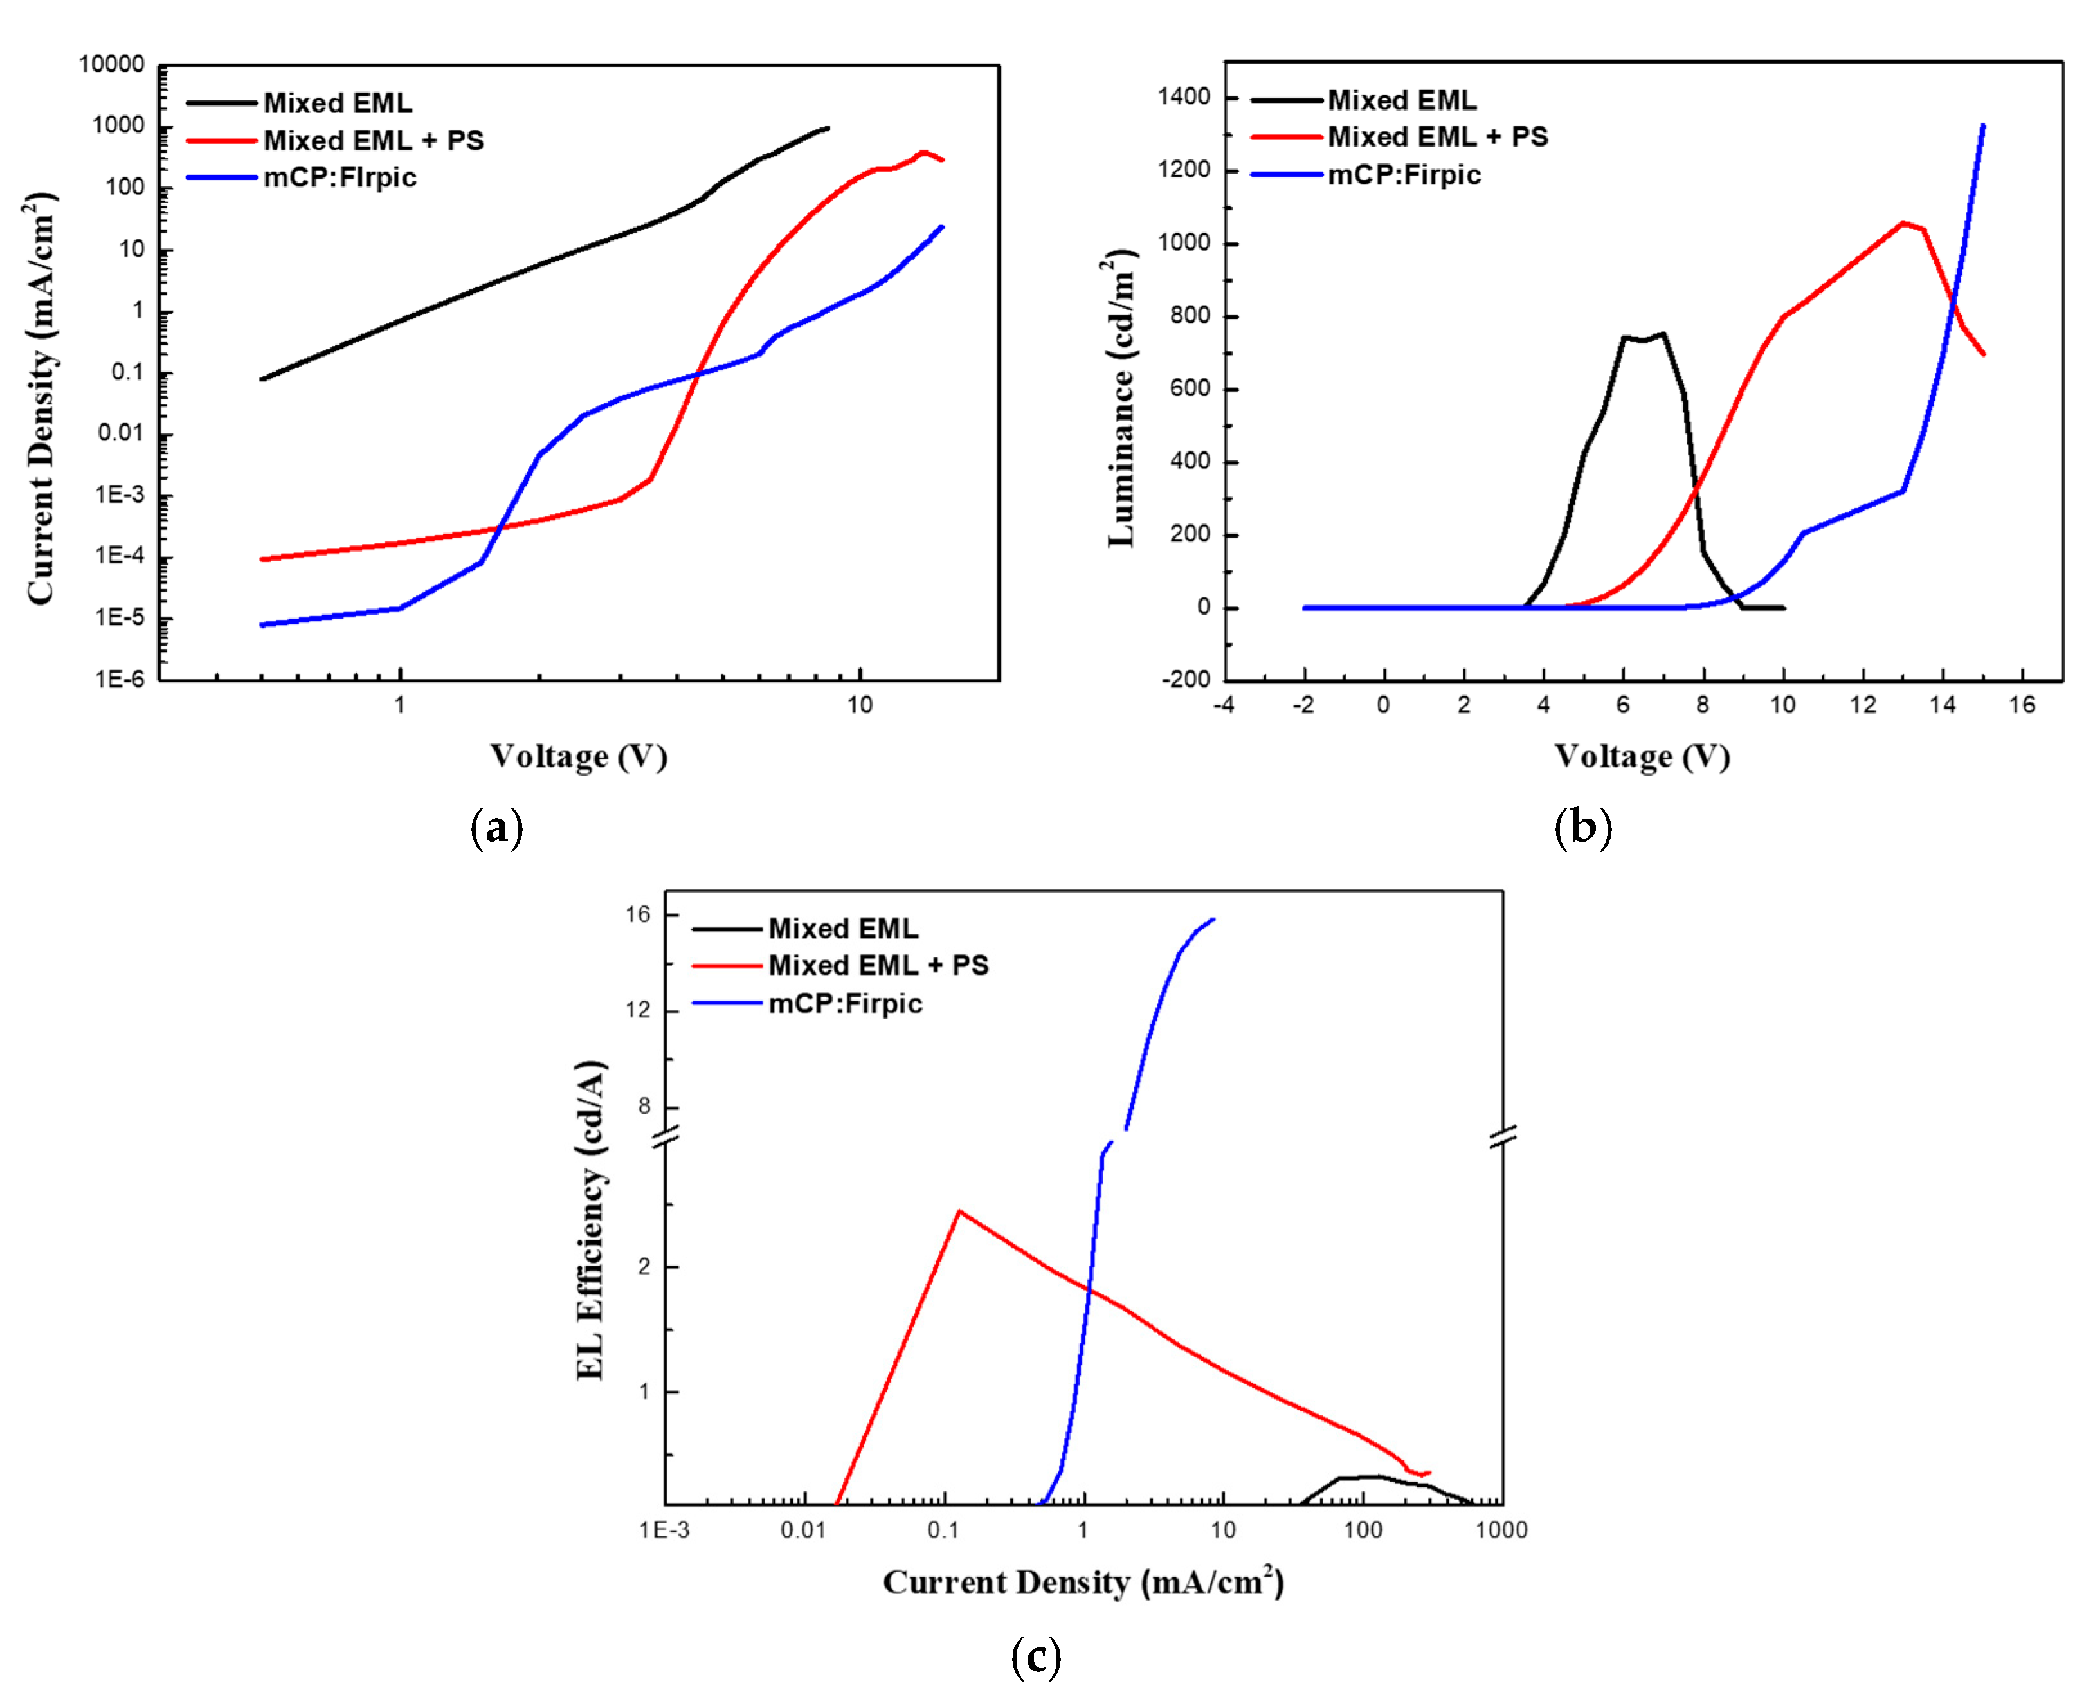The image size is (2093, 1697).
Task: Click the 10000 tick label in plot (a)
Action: tap(111, 64)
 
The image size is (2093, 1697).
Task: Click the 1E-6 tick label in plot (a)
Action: tap(119, 678)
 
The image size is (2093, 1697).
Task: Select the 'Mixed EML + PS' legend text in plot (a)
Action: tap(374, 141)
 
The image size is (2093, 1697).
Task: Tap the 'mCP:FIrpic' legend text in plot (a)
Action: tap(340, 178)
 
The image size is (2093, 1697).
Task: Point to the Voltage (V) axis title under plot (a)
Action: tap(578, 757)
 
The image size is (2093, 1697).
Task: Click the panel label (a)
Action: tap(496, 828)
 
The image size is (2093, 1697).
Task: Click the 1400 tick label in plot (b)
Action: tap(1184, 96)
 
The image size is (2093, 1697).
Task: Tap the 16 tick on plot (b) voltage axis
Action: tap(2022, 705)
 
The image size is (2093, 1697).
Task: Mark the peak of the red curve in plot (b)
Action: tap(1903, 223)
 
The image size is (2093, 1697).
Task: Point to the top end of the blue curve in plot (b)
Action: tap(1982, 126)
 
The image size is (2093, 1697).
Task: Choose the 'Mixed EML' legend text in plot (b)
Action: tap(1401, 101)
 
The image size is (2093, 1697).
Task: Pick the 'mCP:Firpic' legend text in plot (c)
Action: tap(845, 1004)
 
